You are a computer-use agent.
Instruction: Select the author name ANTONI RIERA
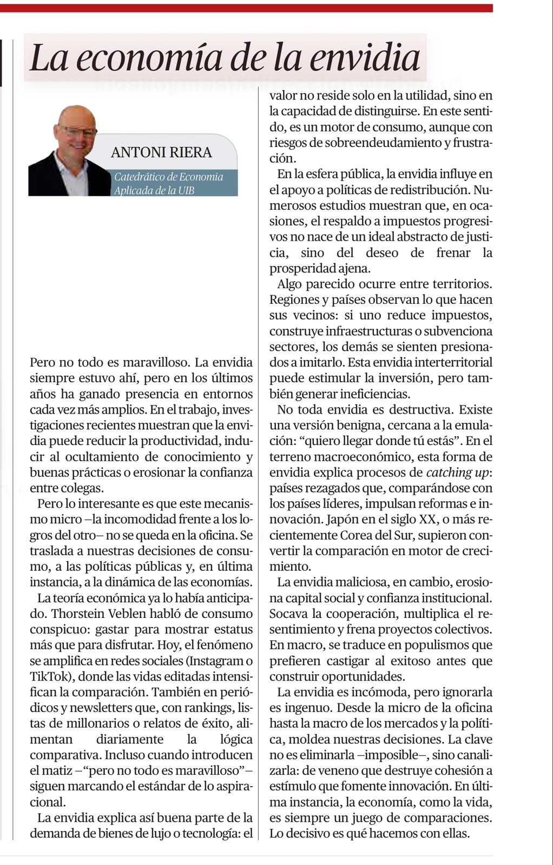[161, 152]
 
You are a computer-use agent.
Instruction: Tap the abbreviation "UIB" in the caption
[184, 190]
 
